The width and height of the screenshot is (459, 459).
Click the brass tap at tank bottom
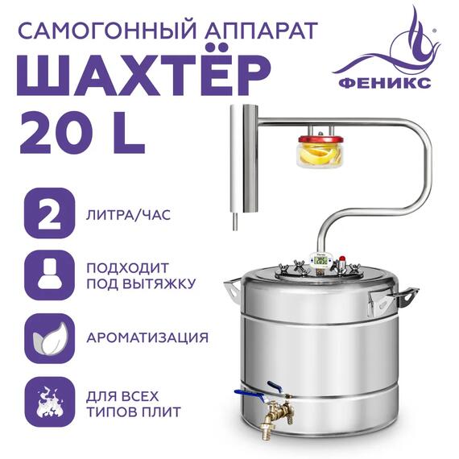[x=271, y=412]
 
